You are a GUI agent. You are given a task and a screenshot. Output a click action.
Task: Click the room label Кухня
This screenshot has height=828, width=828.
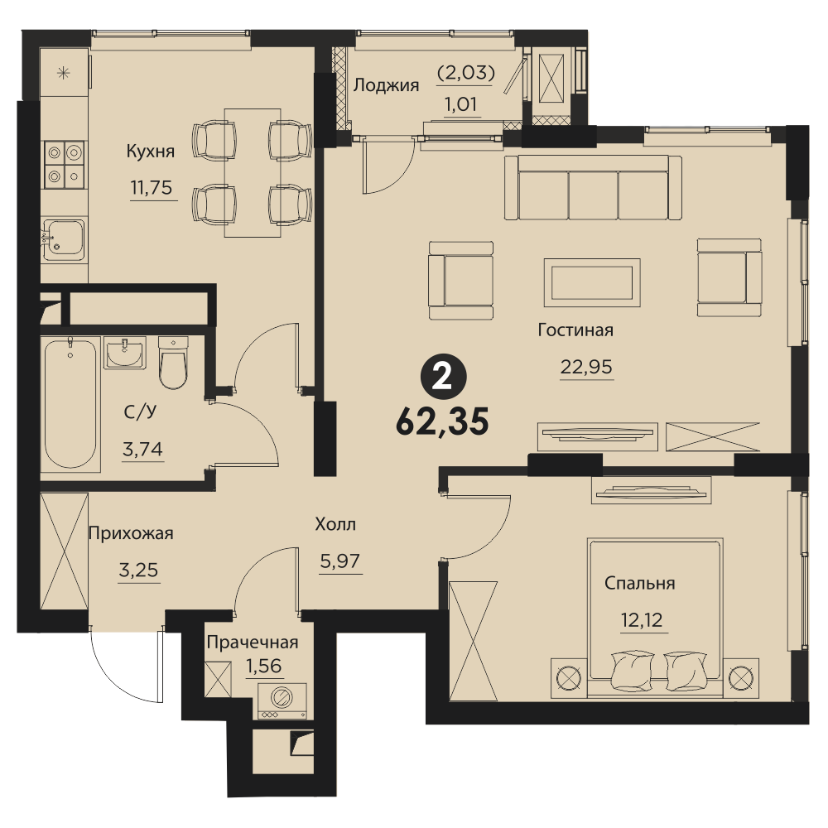(x=151, y=152)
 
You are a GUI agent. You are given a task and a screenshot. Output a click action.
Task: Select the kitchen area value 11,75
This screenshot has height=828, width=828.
(x=152, y=187)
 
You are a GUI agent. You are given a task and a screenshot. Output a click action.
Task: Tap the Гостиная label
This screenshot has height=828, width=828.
(x=575, y=330)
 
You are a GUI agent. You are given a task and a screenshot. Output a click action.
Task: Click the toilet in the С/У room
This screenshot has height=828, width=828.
(x=173, y=363)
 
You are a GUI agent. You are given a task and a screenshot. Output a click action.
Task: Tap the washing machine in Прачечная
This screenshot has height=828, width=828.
(x=282, y=700)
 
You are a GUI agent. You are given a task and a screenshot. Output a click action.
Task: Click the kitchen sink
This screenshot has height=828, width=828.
(x=64, y=240)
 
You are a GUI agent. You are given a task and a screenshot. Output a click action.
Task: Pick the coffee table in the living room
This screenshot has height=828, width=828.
(x=592, y=282)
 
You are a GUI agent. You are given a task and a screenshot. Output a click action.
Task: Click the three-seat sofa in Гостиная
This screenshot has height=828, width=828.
(x=593, y=187)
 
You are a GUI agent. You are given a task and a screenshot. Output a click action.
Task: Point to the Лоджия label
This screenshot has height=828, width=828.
(x=386, y=86)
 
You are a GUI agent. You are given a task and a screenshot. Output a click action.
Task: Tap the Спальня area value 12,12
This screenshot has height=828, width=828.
(x=642, y=619)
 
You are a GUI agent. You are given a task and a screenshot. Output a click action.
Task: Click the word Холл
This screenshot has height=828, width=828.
(x=335, y=524)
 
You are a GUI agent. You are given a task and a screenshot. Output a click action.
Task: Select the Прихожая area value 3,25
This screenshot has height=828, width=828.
(x=138, y=570)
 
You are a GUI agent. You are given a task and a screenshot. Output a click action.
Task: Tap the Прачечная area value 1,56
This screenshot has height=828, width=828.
(x=264, y=666)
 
